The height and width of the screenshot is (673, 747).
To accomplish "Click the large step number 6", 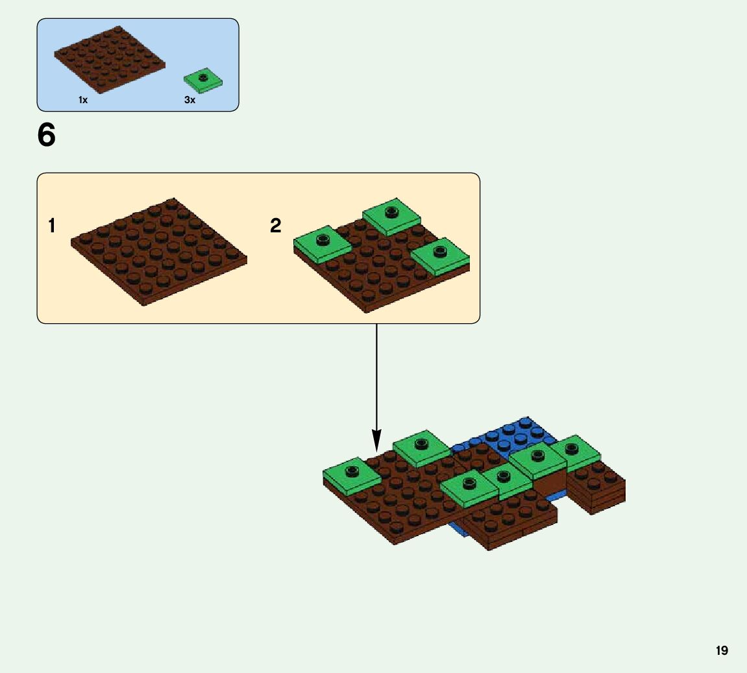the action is tap(47, 136).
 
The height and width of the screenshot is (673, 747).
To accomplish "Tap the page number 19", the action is tap(722, 650).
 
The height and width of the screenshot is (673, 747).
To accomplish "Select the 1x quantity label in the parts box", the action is tap(83, 100).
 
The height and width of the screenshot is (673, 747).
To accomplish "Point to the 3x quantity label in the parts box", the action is tap(190, 100).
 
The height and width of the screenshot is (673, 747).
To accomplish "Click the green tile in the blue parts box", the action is tap(202, 80).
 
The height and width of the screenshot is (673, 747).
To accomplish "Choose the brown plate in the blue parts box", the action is tap(109, 59).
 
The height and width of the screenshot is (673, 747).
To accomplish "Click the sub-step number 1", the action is tap(51, 226).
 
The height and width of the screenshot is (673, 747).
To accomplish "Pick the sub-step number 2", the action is tap(276, 226).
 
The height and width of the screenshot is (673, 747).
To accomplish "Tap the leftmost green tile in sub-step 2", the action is tap(322, 244).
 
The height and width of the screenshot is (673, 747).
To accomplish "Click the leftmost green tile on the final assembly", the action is tap(351, 476).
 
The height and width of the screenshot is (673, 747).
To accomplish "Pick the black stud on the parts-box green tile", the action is tap(202, 78).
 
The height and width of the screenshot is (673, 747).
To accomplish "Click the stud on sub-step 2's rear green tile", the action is tap(391, 212).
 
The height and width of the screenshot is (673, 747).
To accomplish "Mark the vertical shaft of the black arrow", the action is tap(376, 376).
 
